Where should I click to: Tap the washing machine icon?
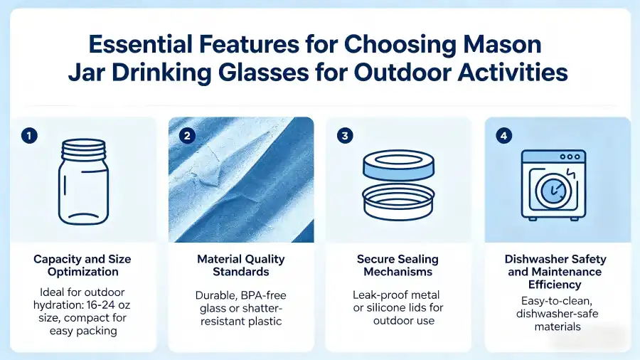point(553,184)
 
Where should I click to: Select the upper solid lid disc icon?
point(398,167)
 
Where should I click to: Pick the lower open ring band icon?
point(398,203)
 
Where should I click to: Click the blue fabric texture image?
point(241,179)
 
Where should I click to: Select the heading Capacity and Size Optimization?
point(82,265)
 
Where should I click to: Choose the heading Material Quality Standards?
point(241,265)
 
